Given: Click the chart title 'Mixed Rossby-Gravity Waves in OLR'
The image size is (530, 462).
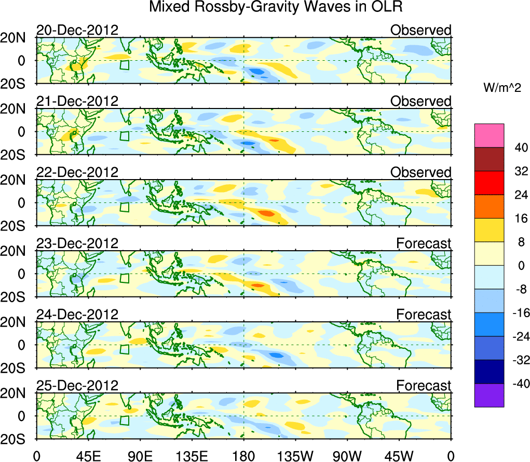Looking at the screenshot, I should click(276, 7).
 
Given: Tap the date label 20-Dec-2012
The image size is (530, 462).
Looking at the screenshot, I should click(77, 30).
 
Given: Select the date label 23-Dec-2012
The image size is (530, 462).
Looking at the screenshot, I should click(77, 243).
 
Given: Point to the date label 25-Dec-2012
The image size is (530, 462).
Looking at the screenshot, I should click(77, 385).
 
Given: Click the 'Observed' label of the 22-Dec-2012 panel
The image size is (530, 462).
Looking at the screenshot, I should click(420, 172).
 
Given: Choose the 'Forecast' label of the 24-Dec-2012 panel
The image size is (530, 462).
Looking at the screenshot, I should click(424, 314).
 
